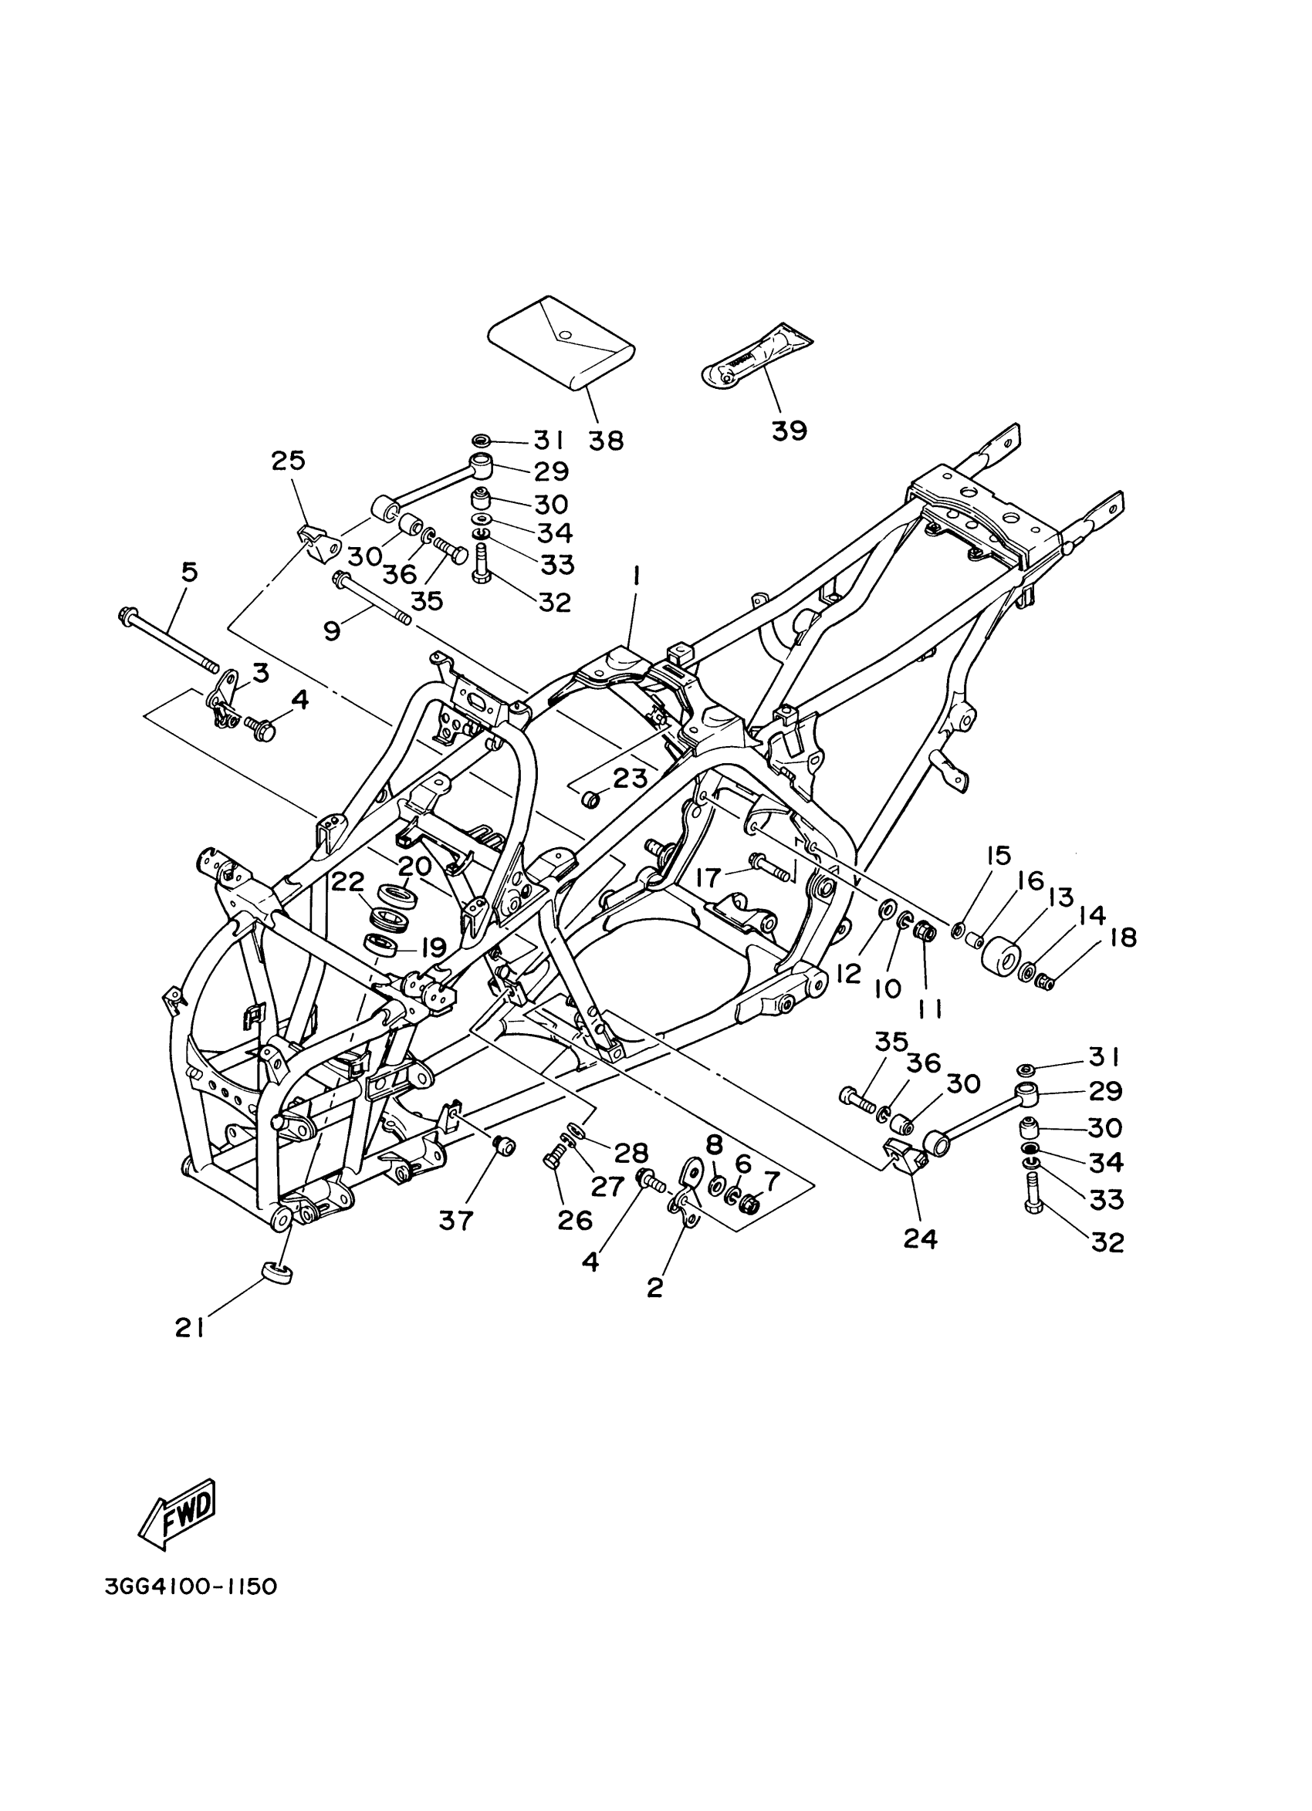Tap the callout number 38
606,440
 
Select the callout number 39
789,431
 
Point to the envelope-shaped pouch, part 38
561,343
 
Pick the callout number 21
190,1327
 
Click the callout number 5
189,572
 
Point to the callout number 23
629,778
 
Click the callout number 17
708,877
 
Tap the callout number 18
1123,937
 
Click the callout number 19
432,948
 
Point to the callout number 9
332,631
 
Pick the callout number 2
654,1287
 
